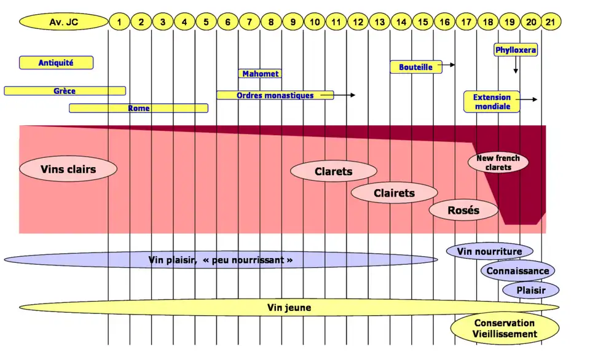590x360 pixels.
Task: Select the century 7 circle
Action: coord(249,23)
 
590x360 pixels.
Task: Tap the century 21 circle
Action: coord(552,23)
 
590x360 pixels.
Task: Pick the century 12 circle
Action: coord(357,23)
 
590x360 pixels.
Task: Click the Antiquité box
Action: coord(56,63)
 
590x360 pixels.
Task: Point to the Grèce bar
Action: coord(65,91)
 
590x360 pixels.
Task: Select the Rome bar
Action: coord(138,108)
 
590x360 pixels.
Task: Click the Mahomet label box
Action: coord(260,74)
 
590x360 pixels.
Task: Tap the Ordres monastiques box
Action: coord(275,95)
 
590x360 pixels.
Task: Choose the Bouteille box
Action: coord(416,67)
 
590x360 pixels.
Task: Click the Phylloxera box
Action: coord(516,50)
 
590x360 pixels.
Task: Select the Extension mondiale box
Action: coord(492,101)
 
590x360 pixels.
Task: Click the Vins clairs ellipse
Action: coord(68,169)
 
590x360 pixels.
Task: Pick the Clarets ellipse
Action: coord(333,171)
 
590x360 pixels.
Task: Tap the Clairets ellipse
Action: coord(394,193)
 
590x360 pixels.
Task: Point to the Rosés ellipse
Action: coord(463,210)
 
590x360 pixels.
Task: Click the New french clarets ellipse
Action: coord(498,163)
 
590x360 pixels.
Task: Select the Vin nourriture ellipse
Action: coord(489,251)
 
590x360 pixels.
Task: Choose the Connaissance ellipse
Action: coord(517,271)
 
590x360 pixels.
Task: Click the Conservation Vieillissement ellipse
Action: coord(504,329)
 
